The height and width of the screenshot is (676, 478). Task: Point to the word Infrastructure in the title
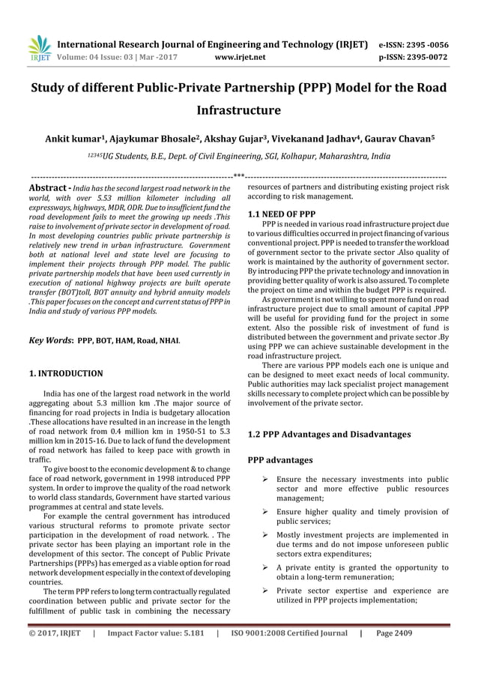pyautogui.click(x=238, y=111)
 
